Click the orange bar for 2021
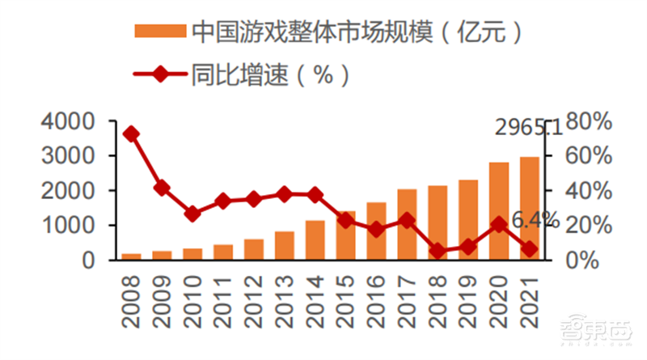click(529, 209)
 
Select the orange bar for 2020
click(499, 212)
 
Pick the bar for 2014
click(315, 240)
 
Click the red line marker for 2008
click(131, 134)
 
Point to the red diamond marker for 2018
click(438, 251)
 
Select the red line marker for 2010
click(192, 214)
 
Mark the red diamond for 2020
click(499, 224)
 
